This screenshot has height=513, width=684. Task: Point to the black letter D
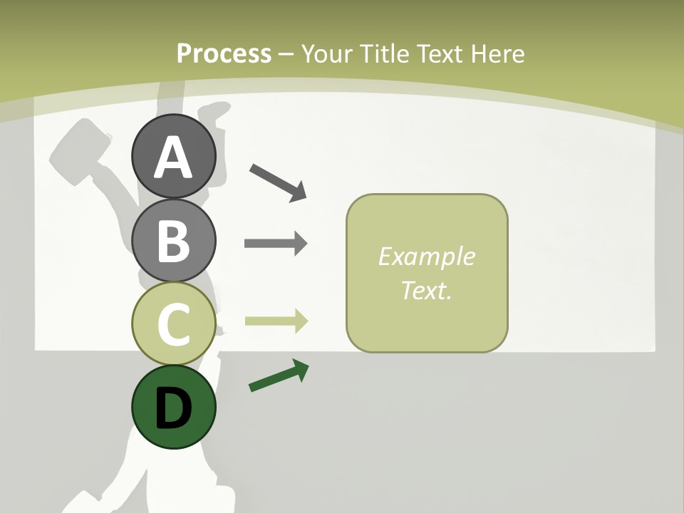pyautogui.click(x=173, y=408)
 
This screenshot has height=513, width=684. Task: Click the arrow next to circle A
pyautogui.click(x=278, y=182)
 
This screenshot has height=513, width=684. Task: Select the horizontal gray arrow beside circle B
pyautogui.click(x=276, y=244)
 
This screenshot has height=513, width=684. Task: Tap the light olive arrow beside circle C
pyautogui.click(x=276, y=321)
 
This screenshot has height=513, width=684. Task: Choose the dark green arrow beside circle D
pyautogui.click(x=279, y=376)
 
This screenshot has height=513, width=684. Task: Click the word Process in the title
pyautogui.click(x=224, y=53)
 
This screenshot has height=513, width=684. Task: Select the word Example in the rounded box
pyautogui.click(x=426, y=256)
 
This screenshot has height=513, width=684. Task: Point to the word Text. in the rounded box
pyautogui.click(x=426, y=290)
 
